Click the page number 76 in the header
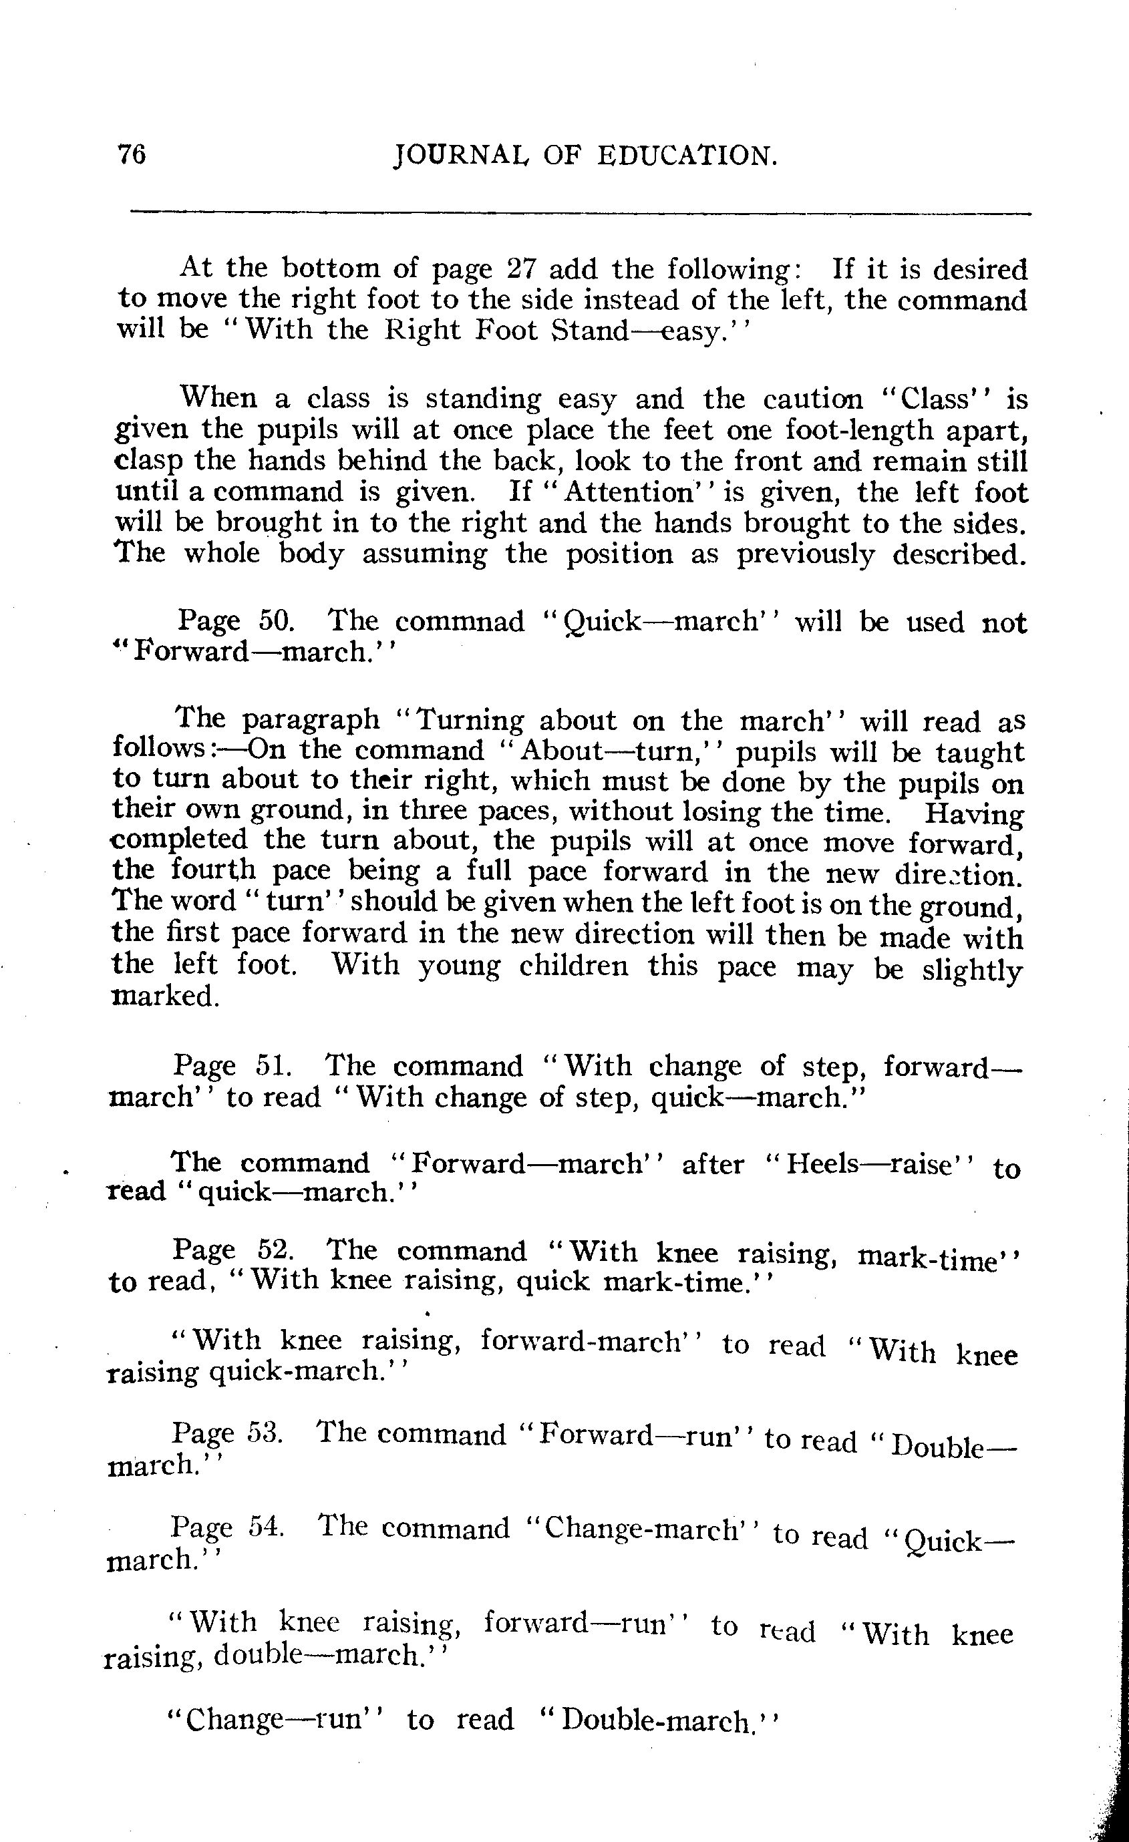pyautogui.click(x=132, y=155)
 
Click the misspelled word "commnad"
pyautogui.click(x=460, y=622)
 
